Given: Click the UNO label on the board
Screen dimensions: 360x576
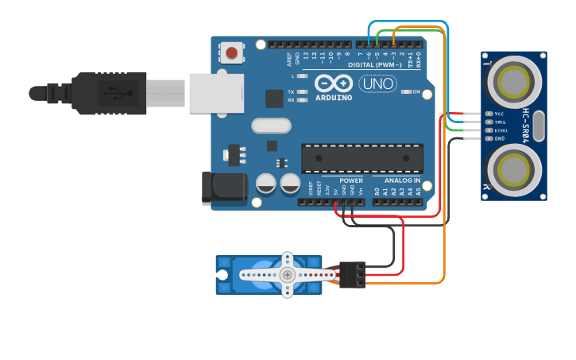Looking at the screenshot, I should (x=379, y=83).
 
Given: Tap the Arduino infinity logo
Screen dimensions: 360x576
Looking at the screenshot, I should (x=332, y=83).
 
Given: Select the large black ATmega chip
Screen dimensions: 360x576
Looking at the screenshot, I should (x=361, y=157).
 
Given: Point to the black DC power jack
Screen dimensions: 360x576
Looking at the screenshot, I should (x=223, y=188).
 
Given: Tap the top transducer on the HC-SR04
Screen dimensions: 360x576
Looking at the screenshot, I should (x=513, y=80).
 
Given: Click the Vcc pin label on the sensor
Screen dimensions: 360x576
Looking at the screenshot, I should (x=499, y=114).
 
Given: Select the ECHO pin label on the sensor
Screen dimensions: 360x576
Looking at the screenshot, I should (x=501, y=130).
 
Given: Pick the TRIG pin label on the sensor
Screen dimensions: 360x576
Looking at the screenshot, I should (x=500, y=122).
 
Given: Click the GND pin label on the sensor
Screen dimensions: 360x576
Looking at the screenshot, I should (x=500, y=138).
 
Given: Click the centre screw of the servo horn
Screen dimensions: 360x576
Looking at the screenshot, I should (x=288, y=274).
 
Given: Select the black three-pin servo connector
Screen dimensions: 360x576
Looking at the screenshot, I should (x=353, y=274).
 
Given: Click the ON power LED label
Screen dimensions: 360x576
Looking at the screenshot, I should (x=416, y=92).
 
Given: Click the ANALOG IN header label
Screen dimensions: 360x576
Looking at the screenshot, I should (x=402, y=180).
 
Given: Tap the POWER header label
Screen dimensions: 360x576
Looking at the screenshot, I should (x=350, y=180).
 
